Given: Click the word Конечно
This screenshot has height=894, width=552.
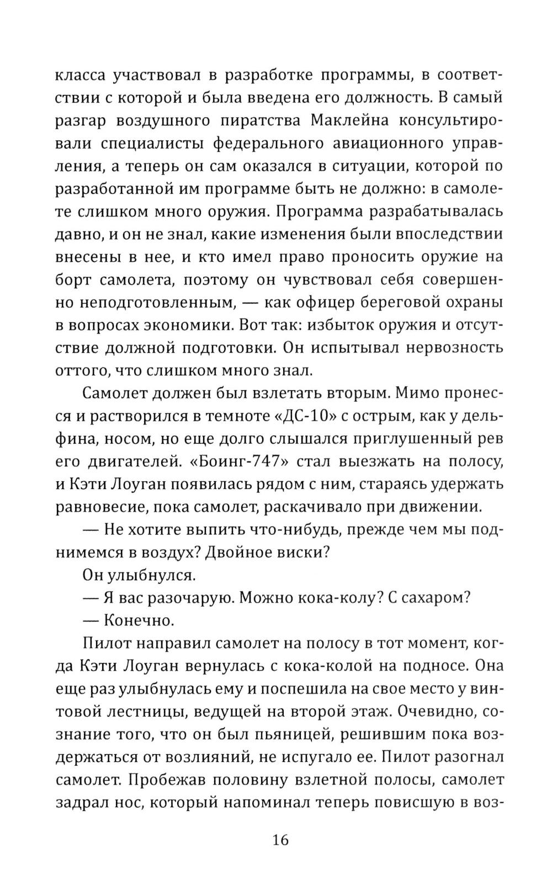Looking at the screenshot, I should tap(139, 620).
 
